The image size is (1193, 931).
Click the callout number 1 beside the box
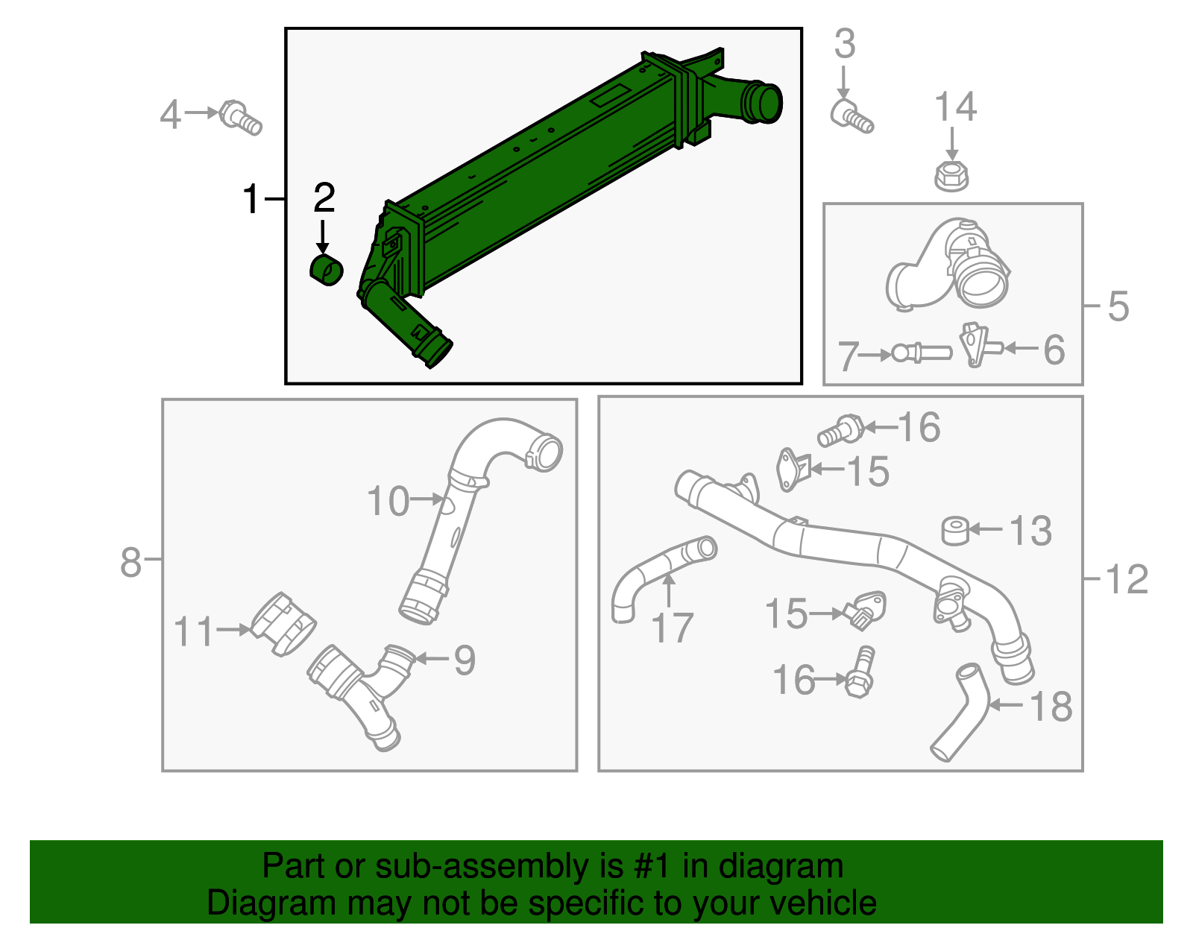[252, 200]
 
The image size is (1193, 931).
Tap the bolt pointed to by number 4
[241, 118]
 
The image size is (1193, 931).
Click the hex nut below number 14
[951, 176]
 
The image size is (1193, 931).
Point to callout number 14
[955, 107]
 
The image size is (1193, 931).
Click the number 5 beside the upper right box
[1118, 306]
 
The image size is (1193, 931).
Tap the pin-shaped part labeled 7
[922, 352]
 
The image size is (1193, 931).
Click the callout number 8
[130, 562]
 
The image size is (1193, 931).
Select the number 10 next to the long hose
[388, 501]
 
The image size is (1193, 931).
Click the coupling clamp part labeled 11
[283, 625]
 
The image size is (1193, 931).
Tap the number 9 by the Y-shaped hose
[464, 660]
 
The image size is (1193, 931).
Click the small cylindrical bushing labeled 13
[955, 531]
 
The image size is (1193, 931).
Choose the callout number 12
[1126, 580]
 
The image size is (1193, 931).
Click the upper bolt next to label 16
[841, 430]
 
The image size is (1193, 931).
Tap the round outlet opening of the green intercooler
[762, 103]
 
